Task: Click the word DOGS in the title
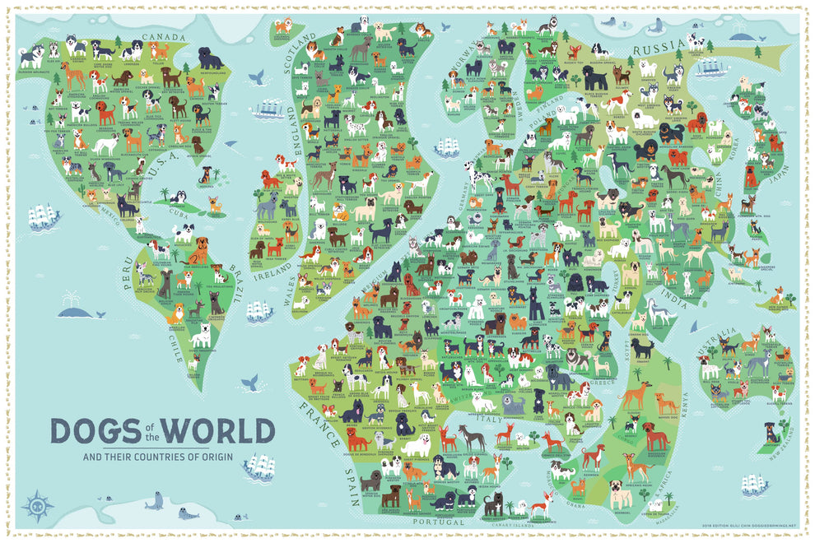coord(91,430)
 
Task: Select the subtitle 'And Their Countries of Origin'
coord(162,457)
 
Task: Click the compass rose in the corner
coord(37,503)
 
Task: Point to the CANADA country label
coord(165,37)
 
